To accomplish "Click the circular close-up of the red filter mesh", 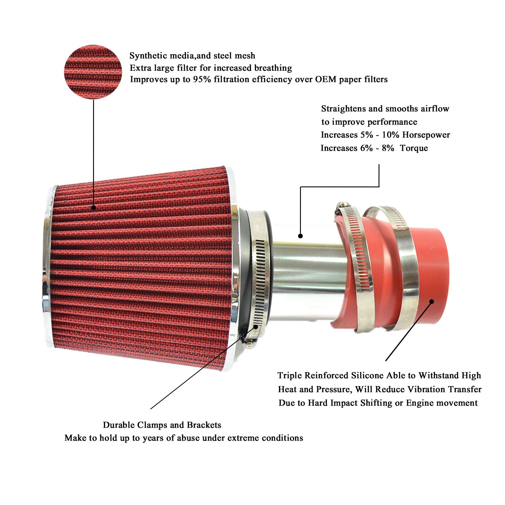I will coord(93,72).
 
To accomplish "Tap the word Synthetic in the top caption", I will coord(148,56).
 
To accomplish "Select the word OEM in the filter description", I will coord(326,79).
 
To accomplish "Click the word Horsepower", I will coord(426,135).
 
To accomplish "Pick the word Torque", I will coord(414,148).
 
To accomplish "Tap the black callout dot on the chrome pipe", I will coord(300,236).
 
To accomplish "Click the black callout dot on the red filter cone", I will coord(93,208).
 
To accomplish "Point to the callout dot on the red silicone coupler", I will coord(432,302).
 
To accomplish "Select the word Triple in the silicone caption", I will coord(289,376).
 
